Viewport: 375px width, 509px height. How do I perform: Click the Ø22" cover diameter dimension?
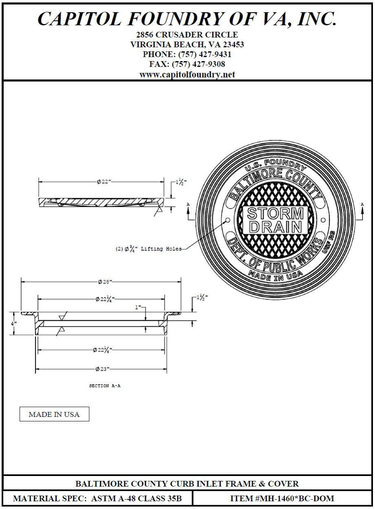[x=104, y=182]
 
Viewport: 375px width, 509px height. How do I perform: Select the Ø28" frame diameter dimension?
[x=105, y=282]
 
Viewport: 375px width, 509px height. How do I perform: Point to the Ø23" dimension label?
[x=103, y=369]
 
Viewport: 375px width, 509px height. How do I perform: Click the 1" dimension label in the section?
[x=138, y=307]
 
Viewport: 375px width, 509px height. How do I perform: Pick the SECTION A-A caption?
[x=105, y=386]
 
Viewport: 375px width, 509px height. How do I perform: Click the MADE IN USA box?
[x=54, y=414]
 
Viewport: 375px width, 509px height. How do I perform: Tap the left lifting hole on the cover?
[x=227, y=220]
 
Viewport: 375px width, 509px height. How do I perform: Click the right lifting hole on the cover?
[x=323, y=220]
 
